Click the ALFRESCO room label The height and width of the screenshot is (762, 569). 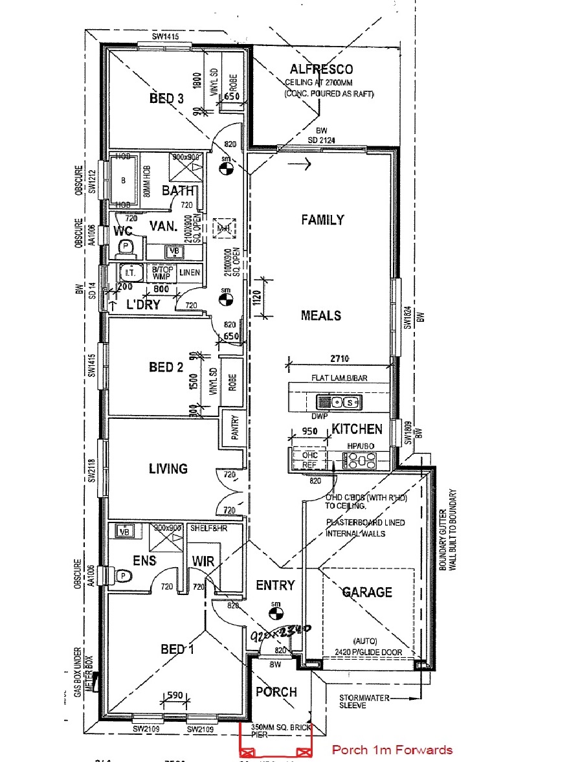pos(321,69)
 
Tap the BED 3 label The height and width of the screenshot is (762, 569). pos(167,98)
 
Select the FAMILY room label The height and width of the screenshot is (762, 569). pos(322,219)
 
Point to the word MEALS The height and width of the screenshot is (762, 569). pos(321,315)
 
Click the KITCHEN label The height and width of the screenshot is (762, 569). pos(357,429)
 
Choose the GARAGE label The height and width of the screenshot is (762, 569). pos(367,592)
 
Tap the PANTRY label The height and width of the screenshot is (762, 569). pos(234,427)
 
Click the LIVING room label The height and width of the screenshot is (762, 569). pos(168,468)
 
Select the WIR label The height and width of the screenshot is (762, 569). pos(203,560)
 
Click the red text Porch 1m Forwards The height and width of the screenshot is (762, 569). pos(392,750)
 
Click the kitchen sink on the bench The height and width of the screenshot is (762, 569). pos(341,402)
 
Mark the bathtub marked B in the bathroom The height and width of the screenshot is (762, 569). pos(123,180)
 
